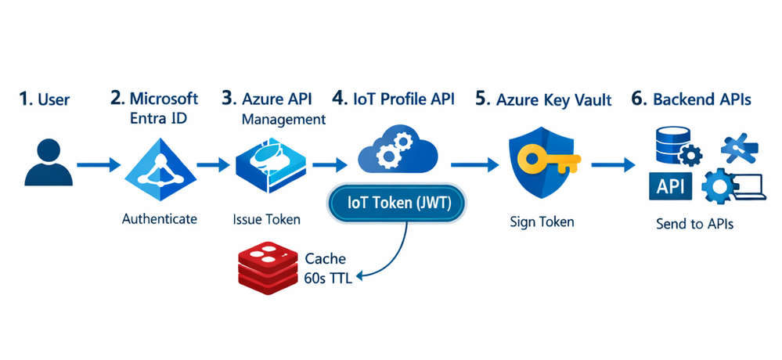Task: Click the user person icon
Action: [x=49, y=162]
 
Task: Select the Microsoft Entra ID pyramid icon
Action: [x=159, y=170]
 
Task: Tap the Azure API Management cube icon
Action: [x=272, y=165]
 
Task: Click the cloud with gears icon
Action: [x=398, y=149]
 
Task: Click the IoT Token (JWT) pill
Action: [x=396, y=204]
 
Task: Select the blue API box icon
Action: [x=670, y=186]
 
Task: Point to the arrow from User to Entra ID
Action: [x=99, y=164]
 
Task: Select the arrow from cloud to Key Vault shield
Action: [x=475, y=164]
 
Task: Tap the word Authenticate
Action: [x=160, y=218]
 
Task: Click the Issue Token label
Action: [x=266, y=219]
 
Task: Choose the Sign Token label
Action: [x=542, y=221]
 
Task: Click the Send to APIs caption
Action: [x=695, y=224]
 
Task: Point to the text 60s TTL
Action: [x=328, y=279]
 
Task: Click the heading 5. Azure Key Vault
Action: [x=543, y=99]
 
